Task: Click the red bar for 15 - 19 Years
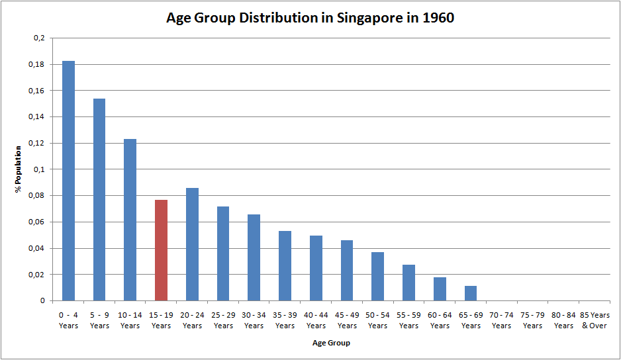pos(161,250)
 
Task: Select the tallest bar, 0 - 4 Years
pos(68,181)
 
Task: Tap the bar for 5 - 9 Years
pos(99,200)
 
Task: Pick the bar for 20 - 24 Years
pos(192,244)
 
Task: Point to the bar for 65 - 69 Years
pos(471,293)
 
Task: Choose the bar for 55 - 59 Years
pos(408,283)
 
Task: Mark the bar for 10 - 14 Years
pos(130,220)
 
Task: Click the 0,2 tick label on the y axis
pos(38,38)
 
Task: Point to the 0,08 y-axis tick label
pos(36,196)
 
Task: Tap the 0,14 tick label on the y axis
pos(36,117)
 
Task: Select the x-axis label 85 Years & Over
pos(595,320)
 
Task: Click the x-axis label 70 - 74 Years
pos(501,320)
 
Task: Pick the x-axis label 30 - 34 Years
pos(254,320)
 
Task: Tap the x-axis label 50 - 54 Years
pos(378,320)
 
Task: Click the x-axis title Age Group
pos(331,343)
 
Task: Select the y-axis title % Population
pos(19,169)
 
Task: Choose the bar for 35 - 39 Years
pos(285,266)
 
